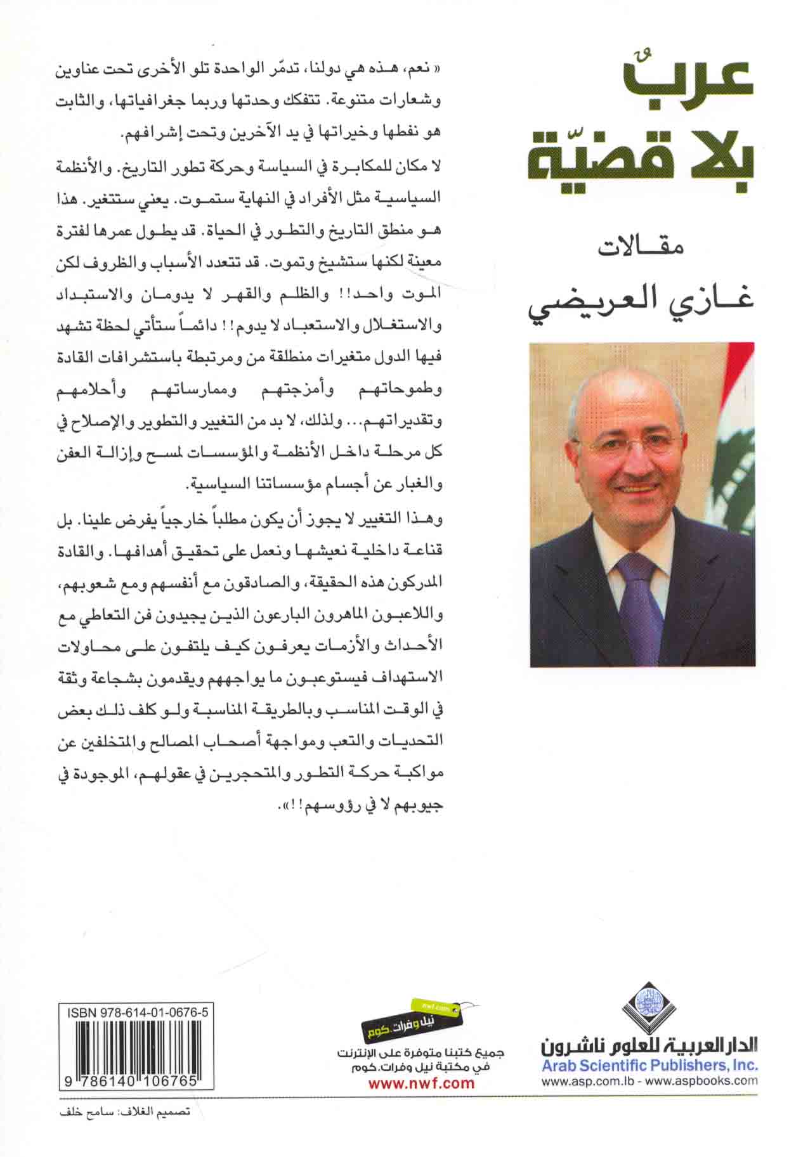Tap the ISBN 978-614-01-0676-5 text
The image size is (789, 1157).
136,1013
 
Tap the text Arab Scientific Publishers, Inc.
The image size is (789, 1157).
649,1065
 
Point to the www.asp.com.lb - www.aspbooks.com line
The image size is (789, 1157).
649,1082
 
